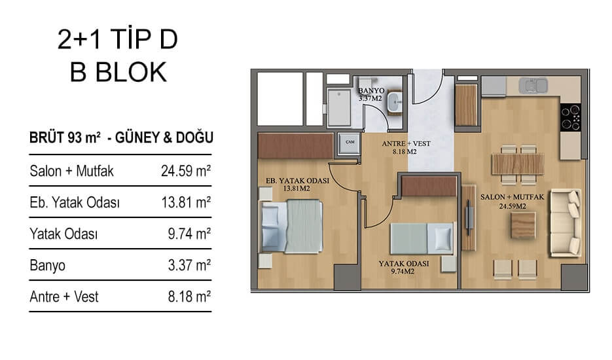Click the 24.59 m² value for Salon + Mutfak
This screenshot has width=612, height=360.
pyautogui.click(x=186, y=171)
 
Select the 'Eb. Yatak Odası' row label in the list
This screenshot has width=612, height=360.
pyautogui.click(x=75, y=203)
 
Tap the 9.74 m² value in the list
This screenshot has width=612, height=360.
pyautogui.click(x=189, y=234)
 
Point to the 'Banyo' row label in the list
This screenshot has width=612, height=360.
pyautogui.click(x=47, y=266)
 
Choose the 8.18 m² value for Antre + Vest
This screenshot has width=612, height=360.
pyautogui.click(x=189, y=297)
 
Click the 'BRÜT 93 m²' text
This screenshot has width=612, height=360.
pyautogui.click(x=65, y=137)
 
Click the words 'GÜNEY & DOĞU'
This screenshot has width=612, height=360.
pyautogui.click(x=164, y=137)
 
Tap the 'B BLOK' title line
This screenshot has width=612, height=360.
pyautogui.click(x=118, y=72)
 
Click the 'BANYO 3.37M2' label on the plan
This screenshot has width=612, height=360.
pyautogui.click(x=371, y=94)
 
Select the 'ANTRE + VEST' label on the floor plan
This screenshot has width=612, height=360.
pyautogui.click(x=406, y=144)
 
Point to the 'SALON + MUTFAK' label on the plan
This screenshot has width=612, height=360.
pyautogui.click(x=512, y=197)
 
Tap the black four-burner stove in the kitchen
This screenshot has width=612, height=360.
pyautogui.click(x=571, y=118)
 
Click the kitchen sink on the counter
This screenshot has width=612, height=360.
pyautogui.click(x=533, y=86)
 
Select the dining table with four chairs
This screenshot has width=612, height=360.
pyautogui.click(x=518, y=164)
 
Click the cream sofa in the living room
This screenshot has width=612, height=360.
pyautogui.click(x=565, y=223)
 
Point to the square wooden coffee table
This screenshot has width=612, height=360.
pyautogui.click(x=524, y=225)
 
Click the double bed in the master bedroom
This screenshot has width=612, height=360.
pyautogui.click(x=291, y=226)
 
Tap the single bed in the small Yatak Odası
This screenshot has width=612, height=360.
pyautogui.click(x=422, y=238)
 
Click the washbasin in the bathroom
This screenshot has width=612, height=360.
pyautogui.click(x=395, y=103)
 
